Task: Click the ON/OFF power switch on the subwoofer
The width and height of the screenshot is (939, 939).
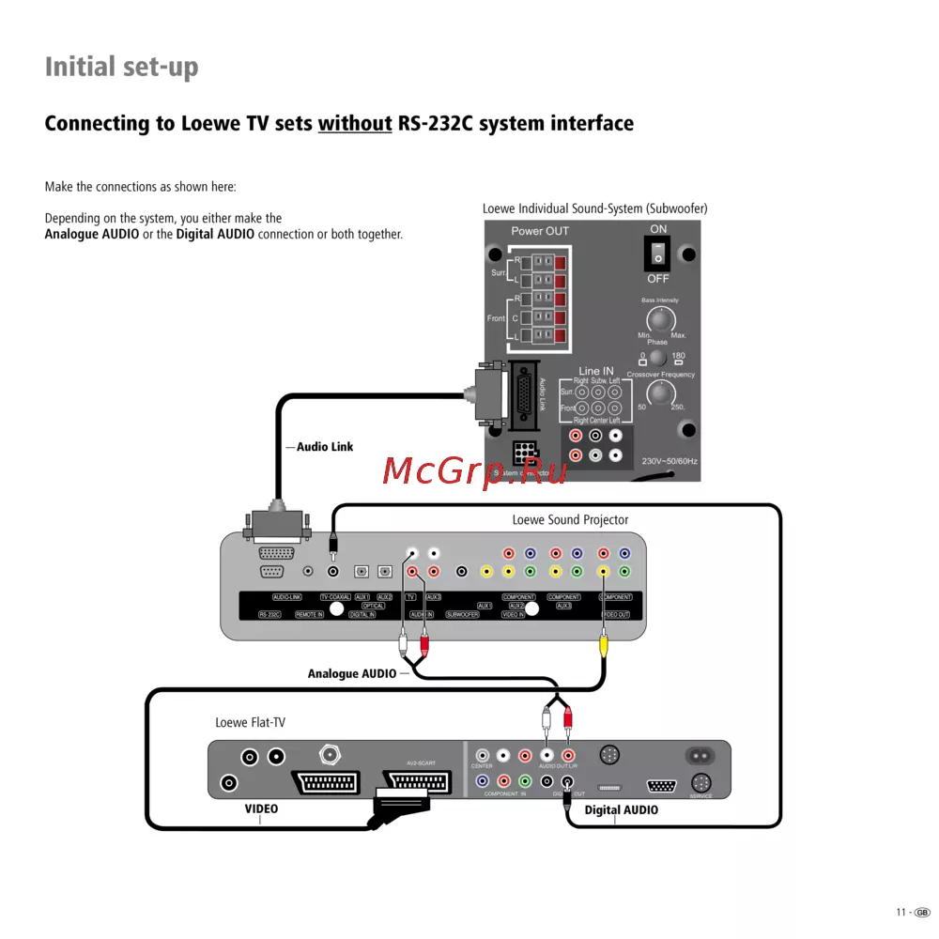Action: pos(658,253)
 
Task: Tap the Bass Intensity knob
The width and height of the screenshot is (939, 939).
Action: pos(661,320)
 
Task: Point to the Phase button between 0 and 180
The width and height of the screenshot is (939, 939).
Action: pos(658,358)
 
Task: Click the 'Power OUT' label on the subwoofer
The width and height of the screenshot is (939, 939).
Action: pos(540,231)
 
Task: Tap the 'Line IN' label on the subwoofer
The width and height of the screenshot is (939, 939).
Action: pos(596,372)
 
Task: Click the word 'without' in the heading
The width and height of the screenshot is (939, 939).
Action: pos(355,124)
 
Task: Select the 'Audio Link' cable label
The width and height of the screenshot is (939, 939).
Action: pos(325,447)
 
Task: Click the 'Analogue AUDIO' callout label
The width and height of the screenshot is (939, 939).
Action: pos(352,673)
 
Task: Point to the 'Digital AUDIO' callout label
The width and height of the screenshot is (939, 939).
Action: pos(622,809)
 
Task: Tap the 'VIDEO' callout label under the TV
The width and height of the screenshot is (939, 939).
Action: pos(261,808)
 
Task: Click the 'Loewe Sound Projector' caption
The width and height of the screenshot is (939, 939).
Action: pos(570,520)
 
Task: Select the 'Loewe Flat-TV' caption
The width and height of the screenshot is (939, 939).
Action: pos(250,722)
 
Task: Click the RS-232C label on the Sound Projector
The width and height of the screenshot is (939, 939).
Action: pos(270,614)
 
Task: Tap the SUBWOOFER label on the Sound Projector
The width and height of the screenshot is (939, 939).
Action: pos(462,614)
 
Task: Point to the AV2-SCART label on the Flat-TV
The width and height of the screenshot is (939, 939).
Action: pos(421,762)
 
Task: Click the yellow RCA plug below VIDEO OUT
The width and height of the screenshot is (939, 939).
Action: pos(604,647)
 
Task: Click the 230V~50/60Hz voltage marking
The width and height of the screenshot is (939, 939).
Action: pos(670,462)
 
